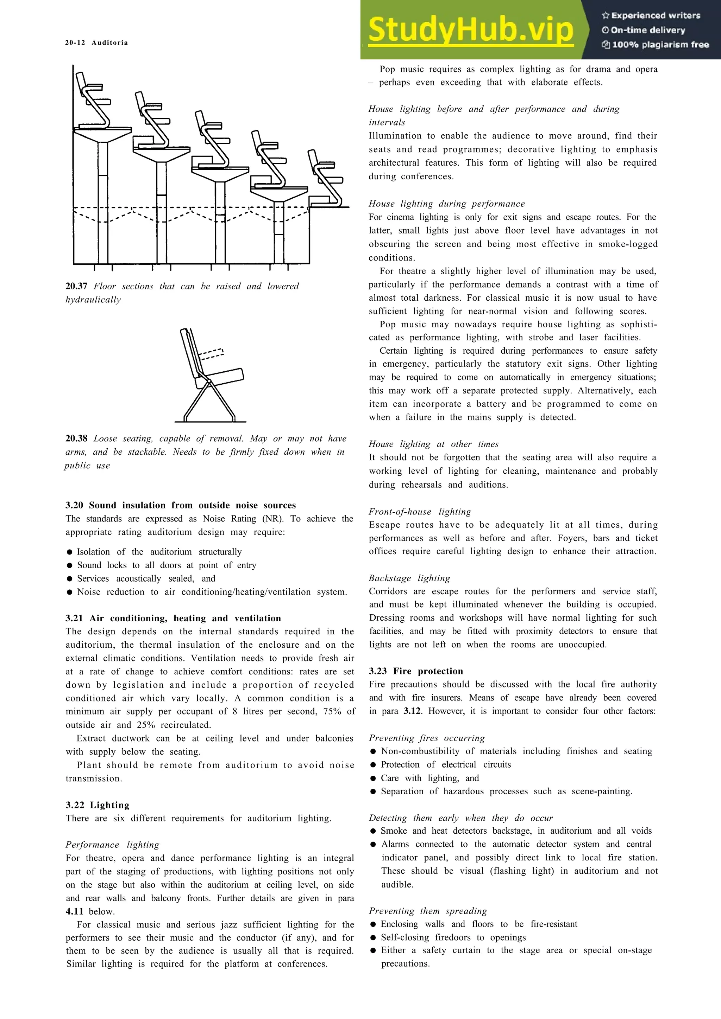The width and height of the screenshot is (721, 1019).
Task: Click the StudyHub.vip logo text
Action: click(470, 30)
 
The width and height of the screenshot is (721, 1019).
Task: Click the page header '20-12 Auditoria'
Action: click(96, 43)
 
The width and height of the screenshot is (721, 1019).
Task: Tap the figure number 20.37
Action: click(76, 286)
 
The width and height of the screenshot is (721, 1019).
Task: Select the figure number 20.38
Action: click(76, 438)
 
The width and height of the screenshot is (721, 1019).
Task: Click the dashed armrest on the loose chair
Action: click(211, 354)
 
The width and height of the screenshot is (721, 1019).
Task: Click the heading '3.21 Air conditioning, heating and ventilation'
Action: click(173, 618)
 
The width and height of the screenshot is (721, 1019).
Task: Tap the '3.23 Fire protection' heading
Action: click(416, 671)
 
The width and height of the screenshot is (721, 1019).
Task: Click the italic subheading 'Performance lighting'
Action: click(112, 845)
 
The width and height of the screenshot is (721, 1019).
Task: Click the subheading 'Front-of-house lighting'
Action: click(420, 511)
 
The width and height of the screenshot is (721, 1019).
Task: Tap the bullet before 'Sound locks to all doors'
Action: click(69, 565)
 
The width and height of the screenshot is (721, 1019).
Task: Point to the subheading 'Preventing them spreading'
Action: click(428, 911)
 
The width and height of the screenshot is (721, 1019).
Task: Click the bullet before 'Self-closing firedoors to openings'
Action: click(373, 937)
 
